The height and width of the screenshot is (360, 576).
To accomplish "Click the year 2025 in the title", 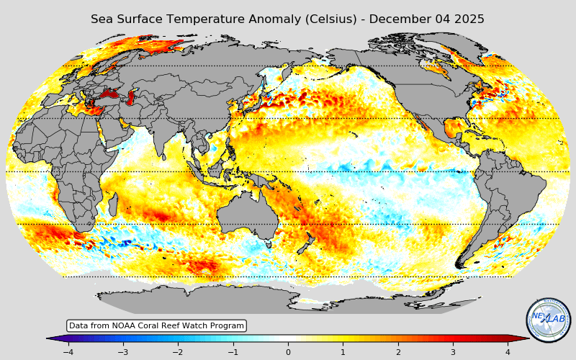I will coord(467,19).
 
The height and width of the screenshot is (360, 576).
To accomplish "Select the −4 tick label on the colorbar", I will coord(68,352).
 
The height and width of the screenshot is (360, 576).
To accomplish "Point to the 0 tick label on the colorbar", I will coord(288,352).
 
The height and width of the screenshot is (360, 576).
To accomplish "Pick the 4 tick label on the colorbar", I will coord(508,352).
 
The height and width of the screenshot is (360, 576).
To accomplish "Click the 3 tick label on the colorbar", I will coord(453,352).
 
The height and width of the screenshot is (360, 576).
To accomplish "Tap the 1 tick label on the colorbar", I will coord(343,352).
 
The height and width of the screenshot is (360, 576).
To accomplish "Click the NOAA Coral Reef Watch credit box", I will coord(156,326).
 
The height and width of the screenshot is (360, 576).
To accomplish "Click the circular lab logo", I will coord(549,320).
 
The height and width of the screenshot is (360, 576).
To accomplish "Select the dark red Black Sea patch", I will coord(109,94).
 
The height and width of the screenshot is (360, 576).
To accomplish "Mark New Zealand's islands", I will coord(307,245).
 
